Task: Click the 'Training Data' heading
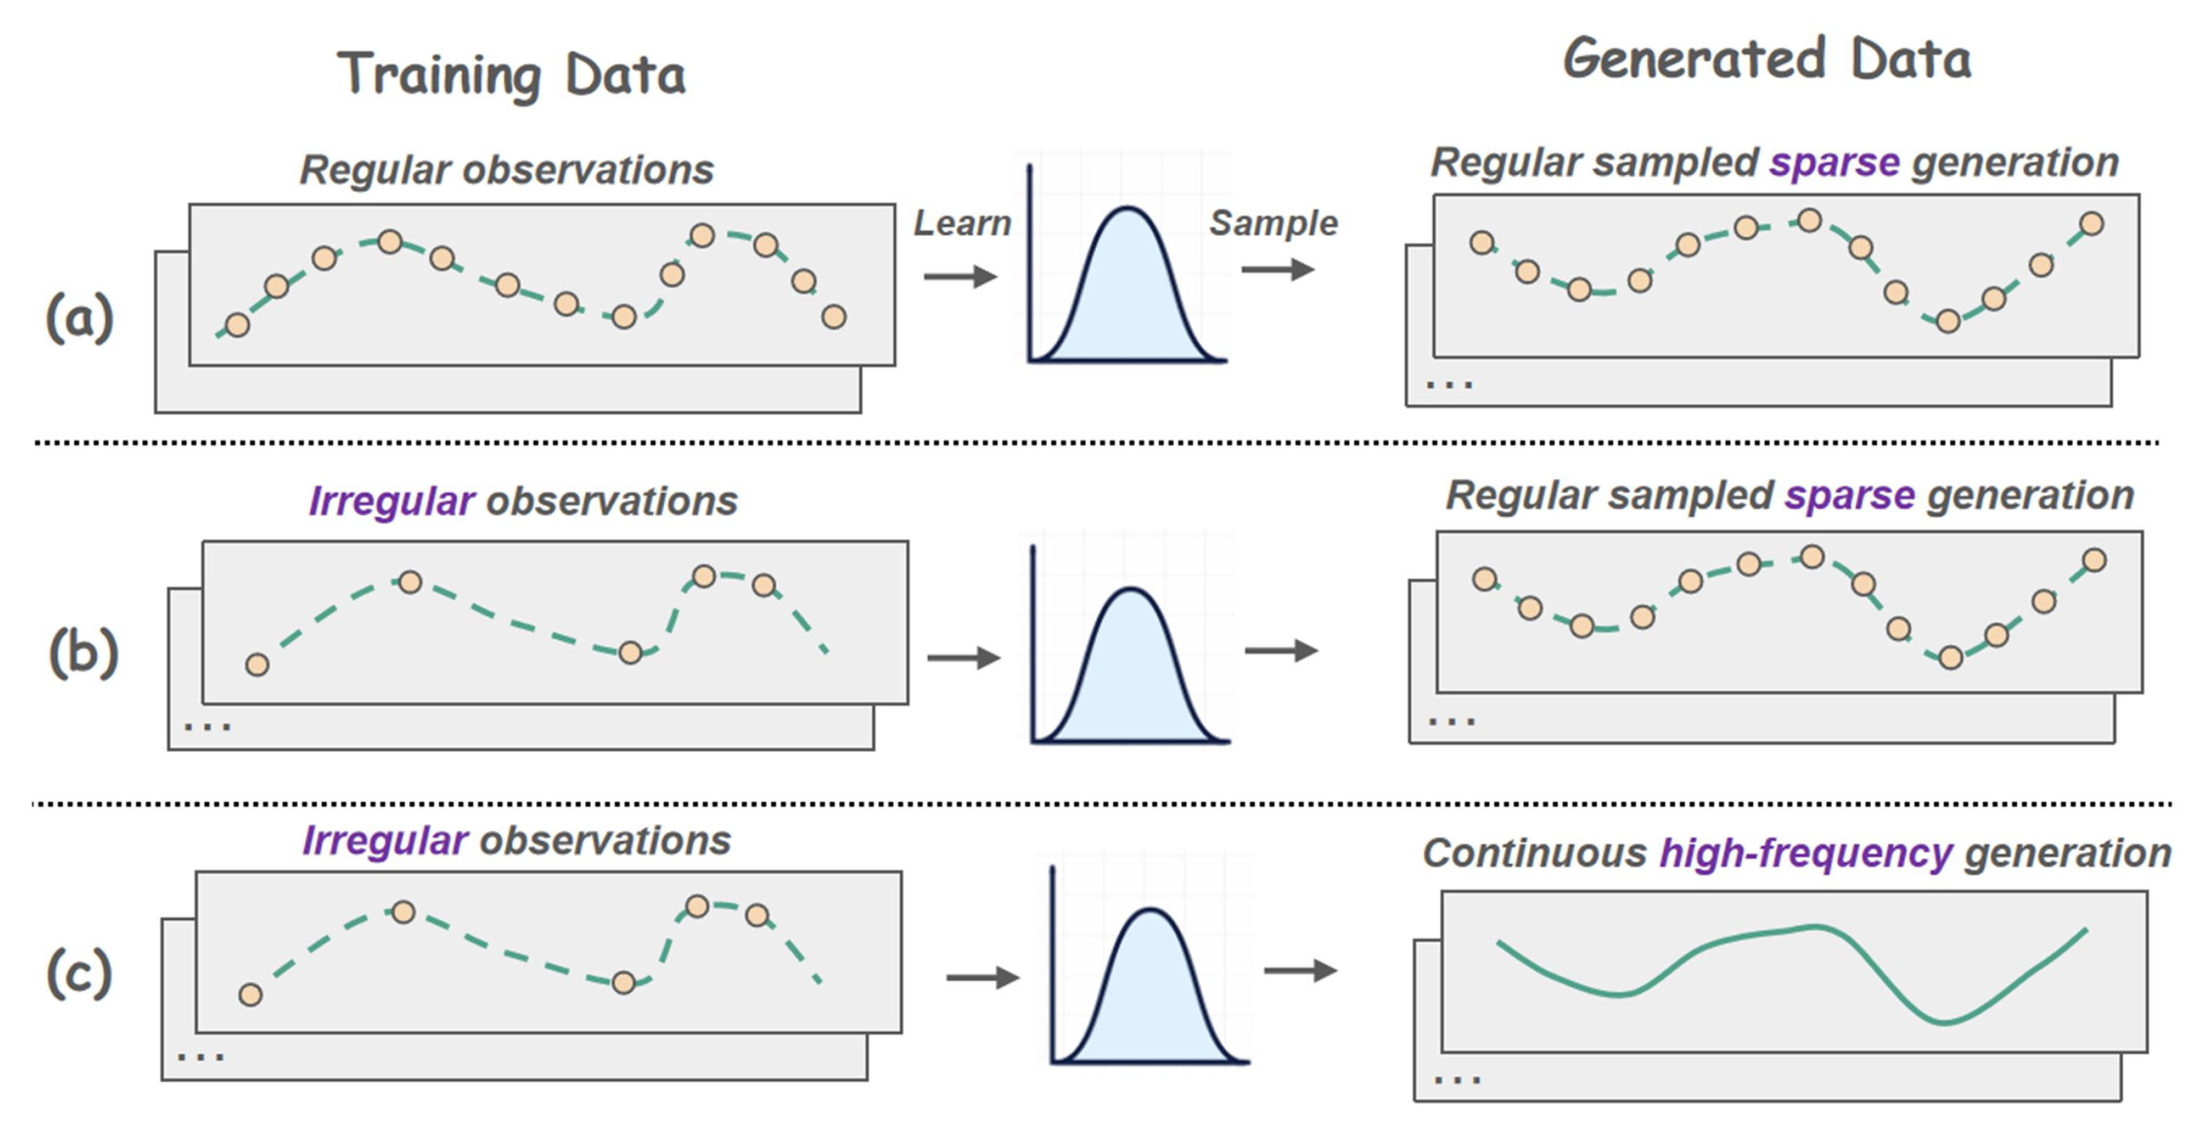tap(512, 75)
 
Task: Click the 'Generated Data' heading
tap(1767, 60)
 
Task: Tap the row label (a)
tap(79, 318)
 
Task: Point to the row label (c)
tap(79, 974)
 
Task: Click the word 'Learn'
tap(963, 223)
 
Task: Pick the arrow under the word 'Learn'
tap(961, 277)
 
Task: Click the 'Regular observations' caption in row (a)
tap(507, 169)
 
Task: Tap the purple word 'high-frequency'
tap(1806, 854)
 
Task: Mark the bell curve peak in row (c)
tap(1151, 909)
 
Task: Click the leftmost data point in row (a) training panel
tap(237, 325)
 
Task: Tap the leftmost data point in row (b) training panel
tap(257, 664)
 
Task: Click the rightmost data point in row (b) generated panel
tap(2094, 560)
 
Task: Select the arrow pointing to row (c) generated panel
tap(1300, 971)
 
